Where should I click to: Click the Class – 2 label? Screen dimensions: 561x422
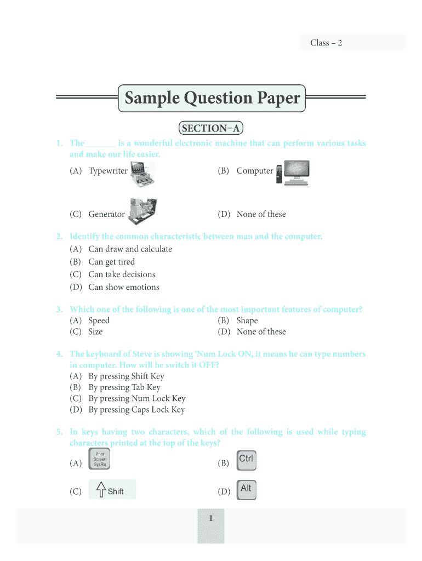(x=326, y=43)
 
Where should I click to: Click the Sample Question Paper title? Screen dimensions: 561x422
(x=212, y=99)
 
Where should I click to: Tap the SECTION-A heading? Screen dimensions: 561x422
(x=211, y=129)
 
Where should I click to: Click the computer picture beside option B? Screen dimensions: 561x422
(x=293, y=172)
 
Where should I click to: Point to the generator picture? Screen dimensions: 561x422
(x=142, y=211)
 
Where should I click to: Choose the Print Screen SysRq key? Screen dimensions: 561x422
(x=100, y=460)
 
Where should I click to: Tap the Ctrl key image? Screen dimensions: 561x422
(x=246, y=460)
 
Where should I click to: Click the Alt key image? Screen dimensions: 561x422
(x=246, y=490)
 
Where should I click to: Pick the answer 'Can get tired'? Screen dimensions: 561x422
(x=111, y=262)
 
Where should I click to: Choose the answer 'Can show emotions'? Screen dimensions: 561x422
(x=124, y=287)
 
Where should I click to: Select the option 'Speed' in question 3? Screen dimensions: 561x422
(x=99, y=320)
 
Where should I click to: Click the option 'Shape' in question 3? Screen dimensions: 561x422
(x=247, y=320)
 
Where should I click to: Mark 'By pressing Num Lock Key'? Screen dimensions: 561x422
(x=137, y=399)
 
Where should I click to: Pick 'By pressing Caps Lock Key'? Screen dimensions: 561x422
(x=136, y=410)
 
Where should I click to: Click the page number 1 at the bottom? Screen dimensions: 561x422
(x=210, y=519)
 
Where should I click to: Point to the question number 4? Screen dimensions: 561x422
(x=59, y=354)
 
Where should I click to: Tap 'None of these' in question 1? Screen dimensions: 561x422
(x=261, y=214)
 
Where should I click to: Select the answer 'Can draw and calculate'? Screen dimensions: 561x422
(x=130, y=249)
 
